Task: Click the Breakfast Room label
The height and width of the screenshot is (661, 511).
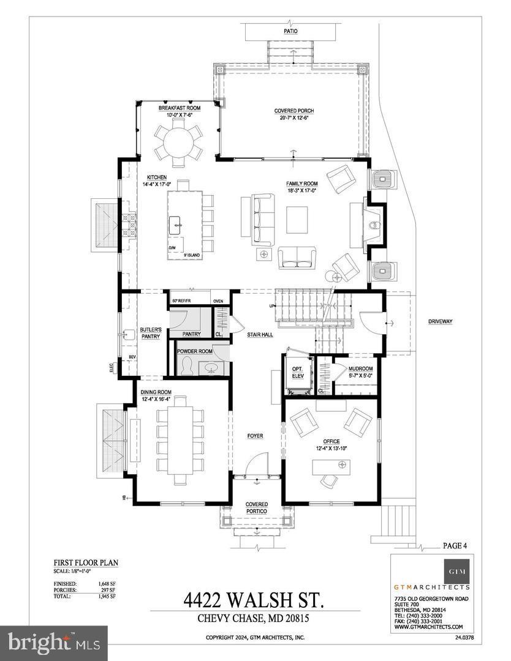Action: pyautogui.click(x=180, y=108)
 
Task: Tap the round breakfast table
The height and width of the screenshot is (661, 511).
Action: pyautogui.click(x=180, y=142)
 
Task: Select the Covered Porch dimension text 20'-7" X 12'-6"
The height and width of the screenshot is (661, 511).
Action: pyautogui.click(x=293, y=118)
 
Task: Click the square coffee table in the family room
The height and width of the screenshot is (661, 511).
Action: pyautogui.click(x=297, y=220)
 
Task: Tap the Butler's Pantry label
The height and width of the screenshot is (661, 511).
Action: pyautogui.click(x=150, y=332)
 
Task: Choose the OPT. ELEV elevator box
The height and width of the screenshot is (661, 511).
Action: pyautogui.click(x=298, y=372)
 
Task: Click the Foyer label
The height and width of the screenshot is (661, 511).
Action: pyautogui.click(x=255, y=436)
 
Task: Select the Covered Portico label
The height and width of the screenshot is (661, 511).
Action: pyautogui.click(x=257, y=508)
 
